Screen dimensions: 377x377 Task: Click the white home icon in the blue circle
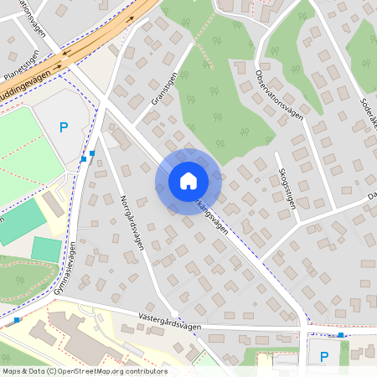click(x=188, y=181)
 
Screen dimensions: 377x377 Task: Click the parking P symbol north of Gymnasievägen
click(x=64, y=127)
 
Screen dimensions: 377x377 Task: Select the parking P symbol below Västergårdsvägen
click(x=324, y=357)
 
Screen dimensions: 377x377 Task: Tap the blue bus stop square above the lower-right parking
click(x=341, y=335)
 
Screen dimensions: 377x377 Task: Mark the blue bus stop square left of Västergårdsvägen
click(x=18, y=319)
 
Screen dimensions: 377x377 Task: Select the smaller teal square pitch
click(x=46, y=250)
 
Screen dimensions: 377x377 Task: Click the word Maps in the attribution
click(x=13, y=371)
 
